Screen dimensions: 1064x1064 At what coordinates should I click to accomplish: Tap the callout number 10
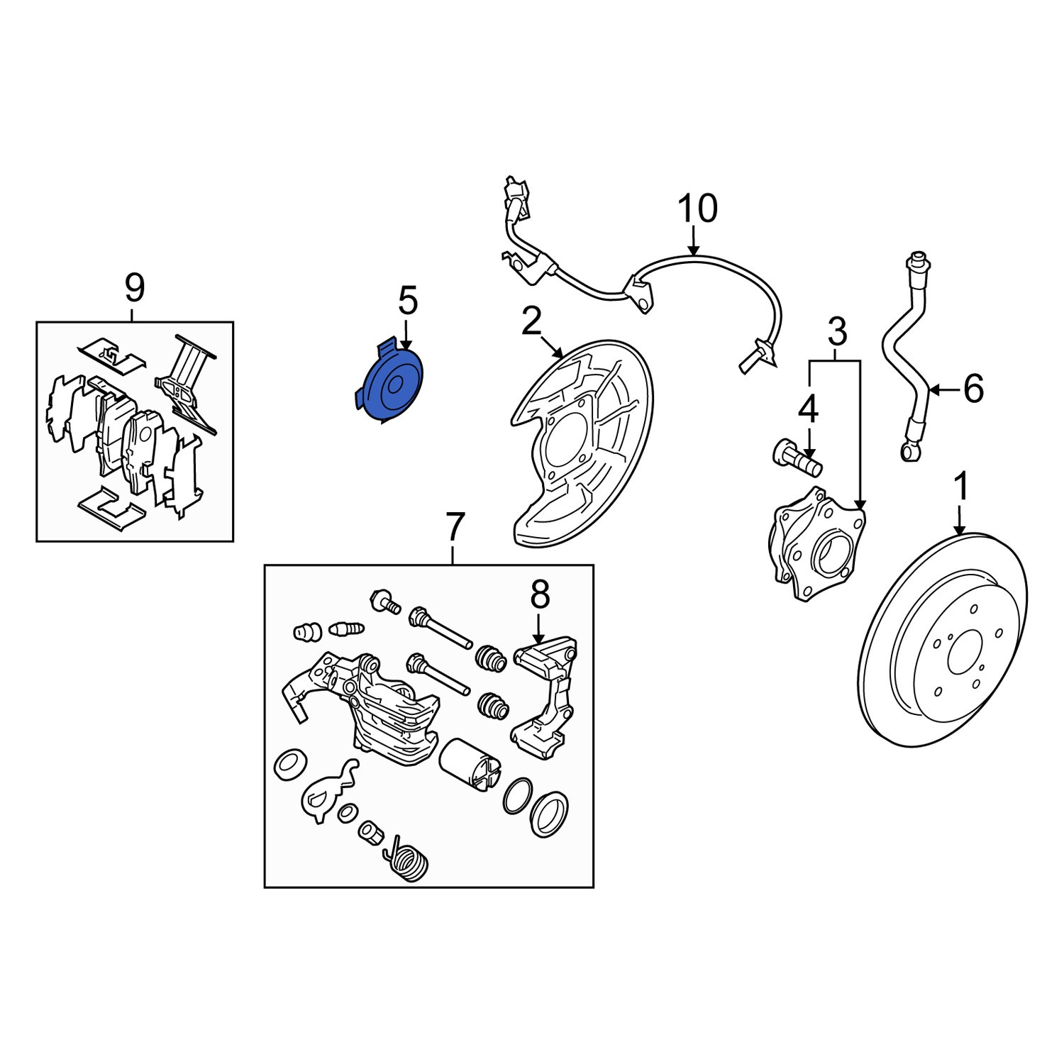(x=697, y=209)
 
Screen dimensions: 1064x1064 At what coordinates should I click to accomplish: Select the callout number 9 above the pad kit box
(x=134, y=288)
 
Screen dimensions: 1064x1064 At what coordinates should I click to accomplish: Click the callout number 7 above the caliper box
(x=454, y=528)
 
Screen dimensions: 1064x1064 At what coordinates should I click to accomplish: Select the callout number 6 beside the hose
(x=973, y=389)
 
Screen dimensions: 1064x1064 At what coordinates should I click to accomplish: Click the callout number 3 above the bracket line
(x=837, y=332)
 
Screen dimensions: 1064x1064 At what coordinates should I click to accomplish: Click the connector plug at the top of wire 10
(x=516, y=195)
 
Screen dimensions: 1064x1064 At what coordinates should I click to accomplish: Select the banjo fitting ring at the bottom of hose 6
(x=910, y=451)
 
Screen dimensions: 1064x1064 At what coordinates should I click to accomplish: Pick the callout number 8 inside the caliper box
(x=540, y=595)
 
